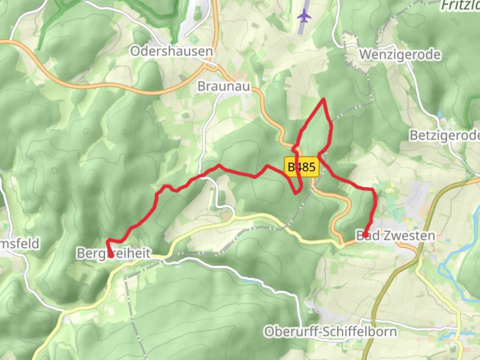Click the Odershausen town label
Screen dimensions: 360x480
(x=171, y=51)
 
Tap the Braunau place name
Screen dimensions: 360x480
(x=224, y=86)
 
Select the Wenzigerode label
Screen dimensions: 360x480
(x=400, y=54)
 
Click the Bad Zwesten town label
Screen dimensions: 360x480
(x=396, y=236)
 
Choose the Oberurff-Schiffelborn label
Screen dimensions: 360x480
(x=331, y=332)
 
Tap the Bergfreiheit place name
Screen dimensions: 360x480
(x=114, y=253)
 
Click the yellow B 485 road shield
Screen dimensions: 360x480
(x=302, y=167)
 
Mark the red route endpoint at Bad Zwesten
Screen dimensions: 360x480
(x=365, y=235)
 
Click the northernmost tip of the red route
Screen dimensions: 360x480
(x=323, y=99)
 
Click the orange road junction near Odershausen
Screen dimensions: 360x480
(x=212, y=66)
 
